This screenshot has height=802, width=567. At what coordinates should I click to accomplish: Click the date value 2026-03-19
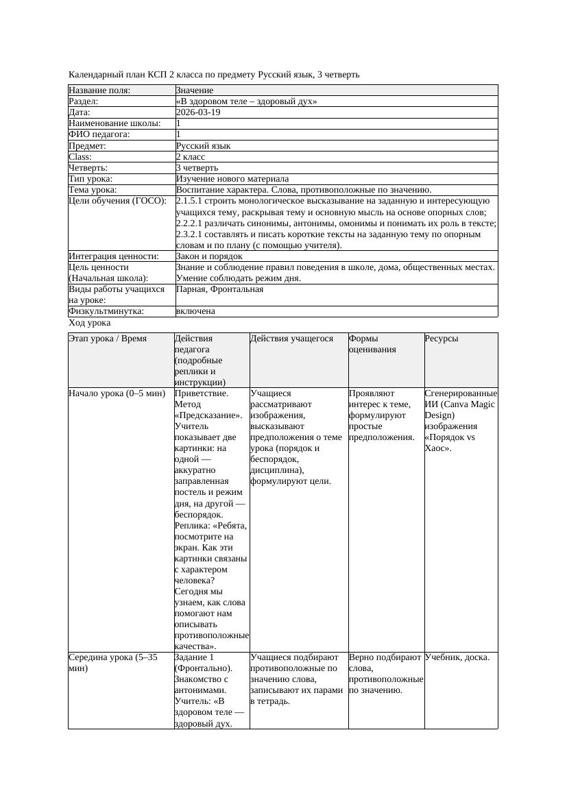(198, 112)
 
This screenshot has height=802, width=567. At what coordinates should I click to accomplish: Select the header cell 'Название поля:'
(99, 90)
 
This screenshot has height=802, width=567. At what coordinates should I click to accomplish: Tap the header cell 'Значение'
(194, 90)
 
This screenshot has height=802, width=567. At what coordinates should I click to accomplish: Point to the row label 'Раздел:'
(85, 101)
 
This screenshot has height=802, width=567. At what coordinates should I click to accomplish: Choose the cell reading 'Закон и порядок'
(209, 256)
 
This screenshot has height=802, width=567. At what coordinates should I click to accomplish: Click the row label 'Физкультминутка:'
(106, 311)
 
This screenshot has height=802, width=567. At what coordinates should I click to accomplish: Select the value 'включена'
(195, 311)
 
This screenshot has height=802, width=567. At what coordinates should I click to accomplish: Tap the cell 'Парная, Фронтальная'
(219, 289)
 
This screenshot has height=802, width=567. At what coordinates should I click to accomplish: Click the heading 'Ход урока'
(90, 323)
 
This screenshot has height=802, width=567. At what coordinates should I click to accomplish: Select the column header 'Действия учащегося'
(291, 339)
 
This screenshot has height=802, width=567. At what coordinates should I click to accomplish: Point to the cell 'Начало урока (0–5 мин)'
(117, 394)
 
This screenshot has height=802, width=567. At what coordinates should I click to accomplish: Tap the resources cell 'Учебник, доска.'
(457, 658)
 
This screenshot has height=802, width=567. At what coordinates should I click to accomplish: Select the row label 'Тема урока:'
(93, 190)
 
